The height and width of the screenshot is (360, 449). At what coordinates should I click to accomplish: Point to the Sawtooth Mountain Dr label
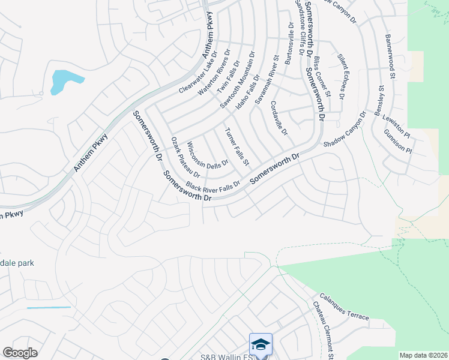point(237,79)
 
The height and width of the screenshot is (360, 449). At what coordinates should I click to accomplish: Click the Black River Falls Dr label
point(212,185)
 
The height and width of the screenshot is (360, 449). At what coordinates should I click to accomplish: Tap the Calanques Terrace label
point(344,306)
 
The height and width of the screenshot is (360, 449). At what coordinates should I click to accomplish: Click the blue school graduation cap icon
point(261,344)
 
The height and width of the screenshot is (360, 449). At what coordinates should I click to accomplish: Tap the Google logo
point(20,353)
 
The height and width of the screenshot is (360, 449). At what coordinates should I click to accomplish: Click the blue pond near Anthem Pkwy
point(65,81)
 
